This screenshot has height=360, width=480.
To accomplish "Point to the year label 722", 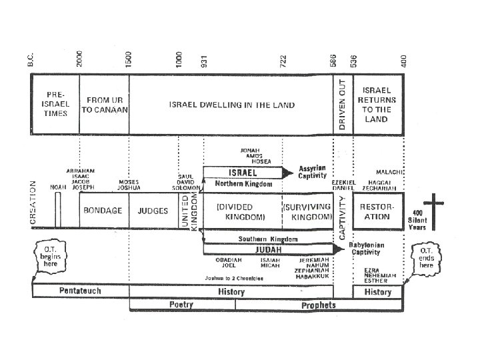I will pyautogui.click(x=283, y=62).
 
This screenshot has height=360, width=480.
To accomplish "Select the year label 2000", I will pyautogui.click(x=79, y=59).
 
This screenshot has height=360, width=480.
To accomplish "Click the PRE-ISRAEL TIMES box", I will pyautogui.click(x=55, y=103).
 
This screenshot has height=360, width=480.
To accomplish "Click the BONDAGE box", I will pyautogui.click(x=103, y=211).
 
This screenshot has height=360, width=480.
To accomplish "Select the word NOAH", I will pyautogui.click(x=58, y=187).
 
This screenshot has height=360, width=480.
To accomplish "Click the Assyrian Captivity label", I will pyautogui.click(x=311, y=173).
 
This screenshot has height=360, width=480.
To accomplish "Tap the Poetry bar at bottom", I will pyautogui.click(x=181, y=305).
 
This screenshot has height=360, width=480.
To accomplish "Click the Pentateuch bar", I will pyautogui.click(x=80, y=291).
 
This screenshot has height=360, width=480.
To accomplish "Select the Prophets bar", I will pyautogui.click(x=319, y=305).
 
